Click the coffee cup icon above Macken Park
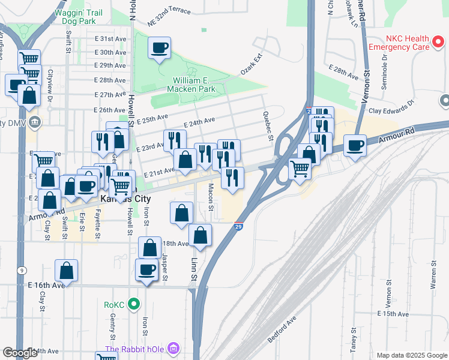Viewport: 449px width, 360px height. click(x=159, y=48)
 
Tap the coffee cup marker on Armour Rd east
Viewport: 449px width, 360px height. click(x=355, y=146)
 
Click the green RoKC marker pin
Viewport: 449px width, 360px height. click(x=134, y=305)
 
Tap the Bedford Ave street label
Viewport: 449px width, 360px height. click(x=283, y=329)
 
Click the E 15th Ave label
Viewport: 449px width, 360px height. click(x=393, y=314)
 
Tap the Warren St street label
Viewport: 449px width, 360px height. click(x=433, y=275)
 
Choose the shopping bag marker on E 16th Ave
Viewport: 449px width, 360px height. click(x=67, y=271)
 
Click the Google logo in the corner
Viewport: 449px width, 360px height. click(x=20, y=353)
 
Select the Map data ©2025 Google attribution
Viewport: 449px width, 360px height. click(x=411, y=355)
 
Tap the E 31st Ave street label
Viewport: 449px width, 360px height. click(x=112, y=38)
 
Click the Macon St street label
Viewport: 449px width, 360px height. click(x=211, y=198)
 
